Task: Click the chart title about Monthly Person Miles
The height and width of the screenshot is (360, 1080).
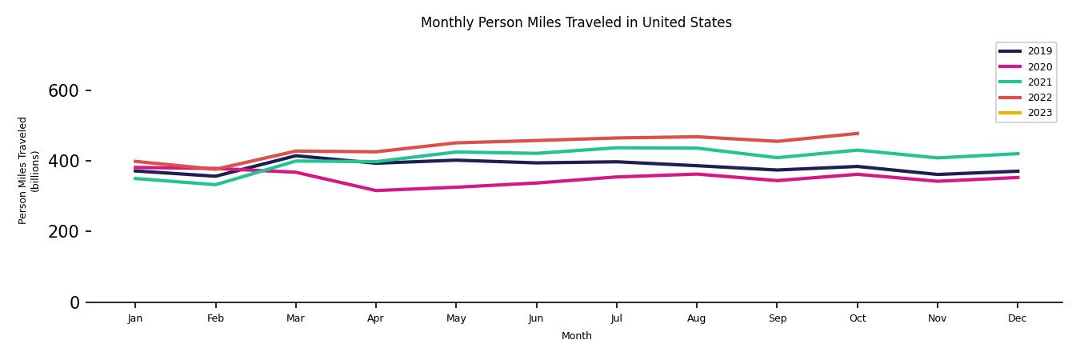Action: tap(576, 22)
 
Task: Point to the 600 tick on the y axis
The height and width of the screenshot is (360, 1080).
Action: tap(63, 91)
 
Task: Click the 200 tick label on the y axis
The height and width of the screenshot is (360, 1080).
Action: tap(63, 232)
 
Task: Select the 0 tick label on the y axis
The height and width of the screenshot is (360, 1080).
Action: tap(74, 302)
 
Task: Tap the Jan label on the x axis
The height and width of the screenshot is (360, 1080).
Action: tap(135, 318)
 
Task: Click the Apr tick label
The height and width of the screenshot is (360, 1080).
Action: tap(375, 318)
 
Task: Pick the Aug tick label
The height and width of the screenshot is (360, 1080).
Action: tap(696, 318)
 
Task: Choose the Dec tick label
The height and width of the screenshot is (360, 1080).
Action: tap(1017, 318)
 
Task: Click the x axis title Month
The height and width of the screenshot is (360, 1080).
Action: tap(576, 336)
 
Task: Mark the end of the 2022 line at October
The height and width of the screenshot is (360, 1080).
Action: tap(857, 134)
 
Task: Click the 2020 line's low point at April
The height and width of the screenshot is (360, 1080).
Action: tap(375, 190)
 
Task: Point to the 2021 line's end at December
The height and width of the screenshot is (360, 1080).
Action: tap(1018, 154)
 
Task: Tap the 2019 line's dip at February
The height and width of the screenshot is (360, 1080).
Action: tap(215, 176)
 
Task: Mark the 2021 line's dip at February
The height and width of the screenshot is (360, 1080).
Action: tap(215, 185)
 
